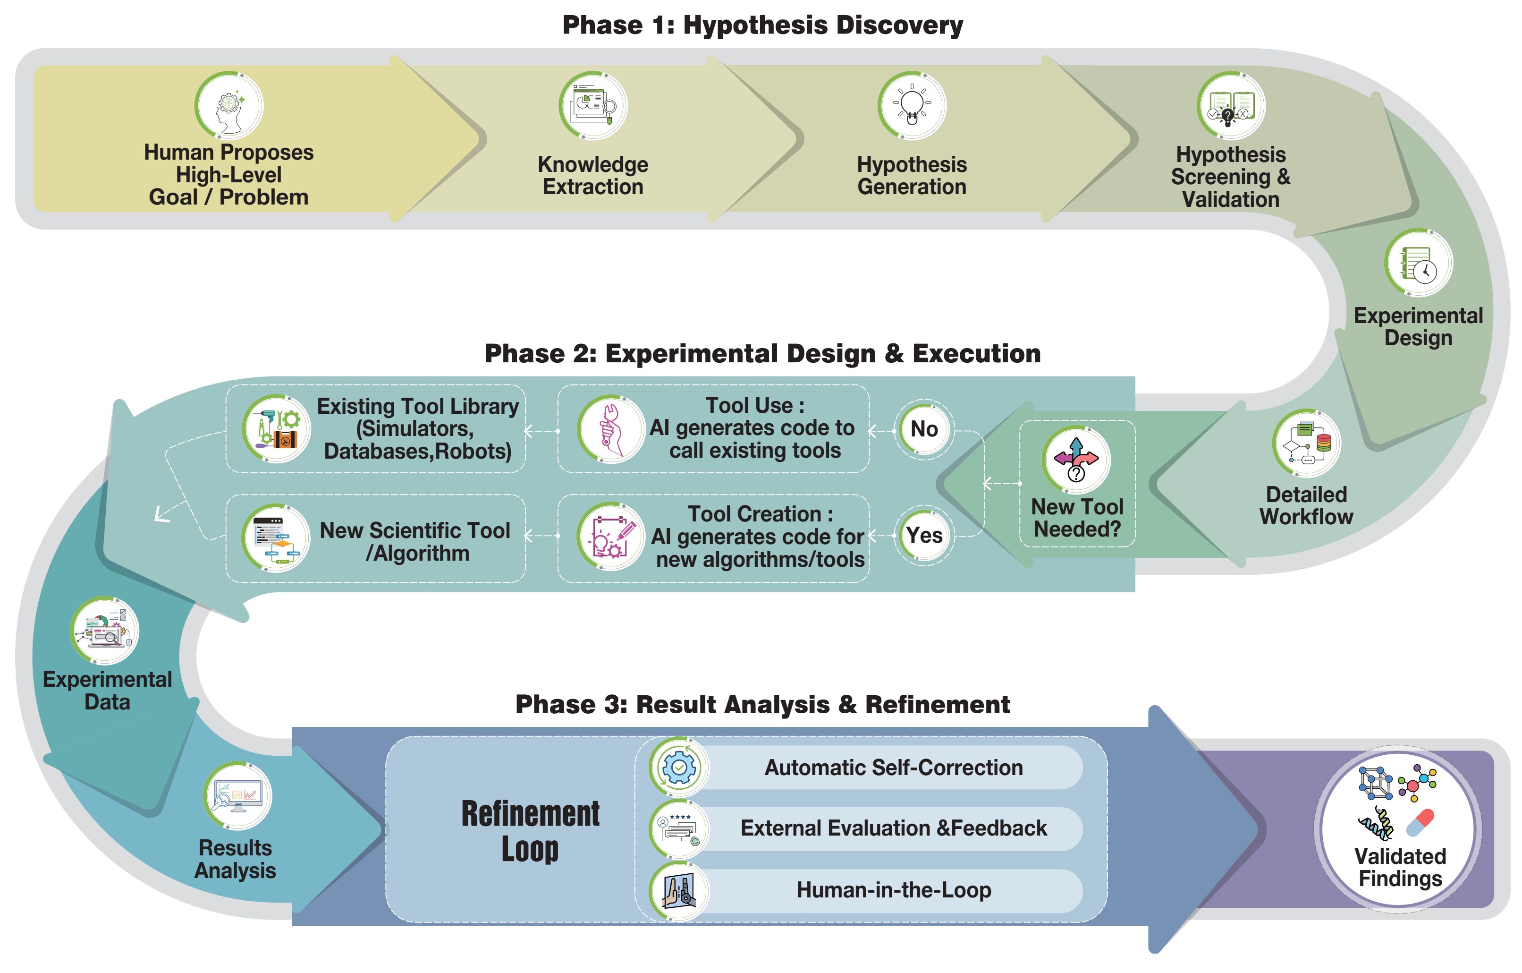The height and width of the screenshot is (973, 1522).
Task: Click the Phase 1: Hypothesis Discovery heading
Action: tap(762, 26)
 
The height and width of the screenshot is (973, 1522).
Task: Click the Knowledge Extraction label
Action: tap(593, 175)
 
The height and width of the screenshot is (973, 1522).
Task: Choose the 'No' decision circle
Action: tap(924, 429)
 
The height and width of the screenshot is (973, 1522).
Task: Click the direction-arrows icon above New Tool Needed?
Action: tap(1076, 460)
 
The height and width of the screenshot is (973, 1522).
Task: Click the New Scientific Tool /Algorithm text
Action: tap(415, 541)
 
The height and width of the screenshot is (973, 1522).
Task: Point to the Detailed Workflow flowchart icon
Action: tap(1306, 443)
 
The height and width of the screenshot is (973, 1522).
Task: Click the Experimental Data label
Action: tap(108, 691)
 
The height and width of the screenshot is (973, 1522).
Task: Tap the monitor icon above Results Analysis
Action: tap(237, 795)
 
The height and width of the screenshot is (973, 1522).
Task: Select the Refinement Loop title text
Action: tap(530, 831)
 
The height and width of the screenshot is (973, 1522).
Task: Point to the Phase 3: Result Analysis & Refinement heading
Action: tap(762, 704)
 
